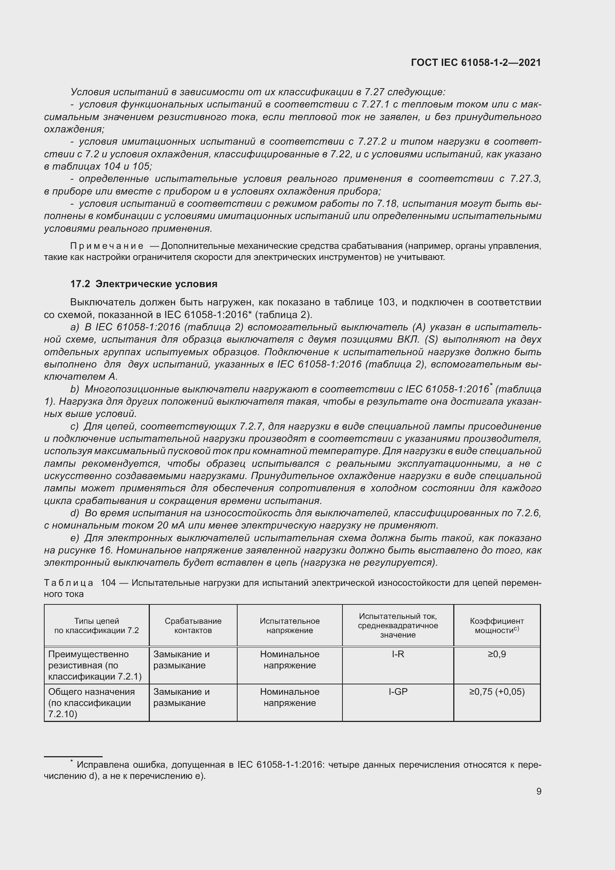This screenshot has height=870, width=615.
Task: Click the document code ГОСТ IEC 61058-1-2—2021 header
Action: [476, 62]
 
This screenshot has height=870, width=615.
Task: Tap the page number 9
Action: [539, 791]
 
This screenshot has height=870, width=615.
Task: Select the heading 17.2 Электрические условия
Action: [144, 284]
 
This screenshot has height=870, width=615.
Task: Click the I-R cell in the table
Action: [397, 654]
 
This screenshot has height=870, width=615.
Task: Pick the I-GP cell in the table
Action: [397, 691]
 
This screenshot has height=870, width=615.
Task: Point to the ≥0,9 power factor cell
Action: [496, 654]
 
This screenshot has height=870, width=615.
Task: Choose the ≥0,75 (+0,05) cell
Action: [496, 691]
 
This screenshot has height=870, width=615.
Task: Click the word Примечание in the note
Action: [107, 246]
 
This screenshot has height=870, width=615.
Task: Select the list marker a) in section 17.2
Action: [75, 327]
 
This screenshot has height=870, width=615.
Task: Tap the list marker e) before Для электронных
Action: [75, 538]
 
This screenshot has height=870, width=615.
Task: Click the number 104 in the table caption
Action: [108, 583]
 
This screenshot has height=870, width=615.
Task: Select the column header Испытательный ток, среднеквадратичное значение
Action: [397, 626]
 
